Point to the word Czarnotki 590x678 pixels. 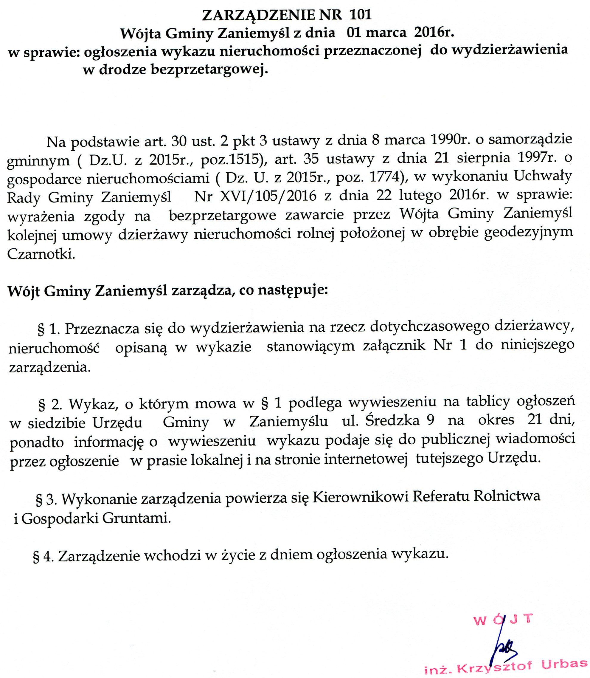coord(41,254)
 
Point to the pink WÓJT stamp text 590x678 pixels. coord(503,619)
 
